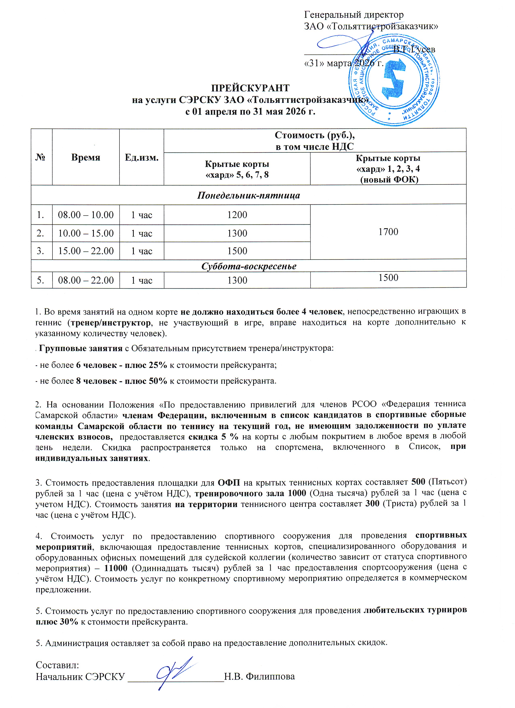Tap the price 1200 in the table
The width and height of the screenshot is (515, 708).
(237, 215)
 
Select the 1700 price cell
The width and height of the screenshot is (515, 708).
(388, 232)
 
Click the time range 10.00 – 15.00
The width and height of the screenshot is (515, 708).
(86, 233)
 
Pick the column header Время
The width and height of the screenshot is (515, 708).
(86, 157)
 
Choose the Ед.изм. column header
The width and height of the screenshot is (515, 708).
(142, 157)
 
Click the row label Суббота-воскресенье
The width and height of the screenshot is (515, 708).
(249, 266)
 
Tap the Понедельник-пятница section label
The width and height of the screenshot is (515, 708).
(249, 195)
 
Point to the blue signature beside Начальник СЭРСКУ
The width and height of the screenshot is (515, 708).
(176, 671)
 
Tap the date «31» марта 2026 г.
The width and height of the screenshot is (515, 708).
(343, 63)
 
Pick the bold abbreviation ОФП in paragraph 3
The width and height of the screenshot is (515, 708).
(229, 483)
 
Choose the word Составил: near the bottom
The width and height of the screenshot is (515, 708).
(58, 665)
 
